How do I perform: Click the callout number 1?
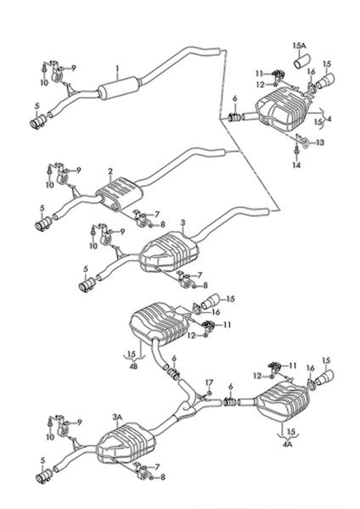118,69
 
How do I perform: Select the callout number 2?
110,171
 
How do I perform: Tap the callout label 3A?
117,417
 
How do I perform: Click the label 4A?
287,444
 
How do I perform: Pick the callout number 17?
209,383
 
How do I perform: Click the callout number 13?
320,143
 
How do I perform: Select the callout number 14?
296,165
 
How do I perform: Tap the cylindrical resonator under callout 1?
120,88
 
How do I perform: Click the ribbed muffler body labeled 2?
120,193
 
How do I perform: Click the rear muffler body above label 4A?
283,400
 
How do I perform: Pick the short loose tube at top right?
302,62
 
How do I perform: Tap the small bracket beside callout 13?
305,143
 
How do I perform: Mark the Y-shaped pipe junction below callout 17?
186,406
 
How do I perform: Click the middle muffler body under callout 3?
169,252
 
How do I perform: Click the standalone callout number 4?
329,120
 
